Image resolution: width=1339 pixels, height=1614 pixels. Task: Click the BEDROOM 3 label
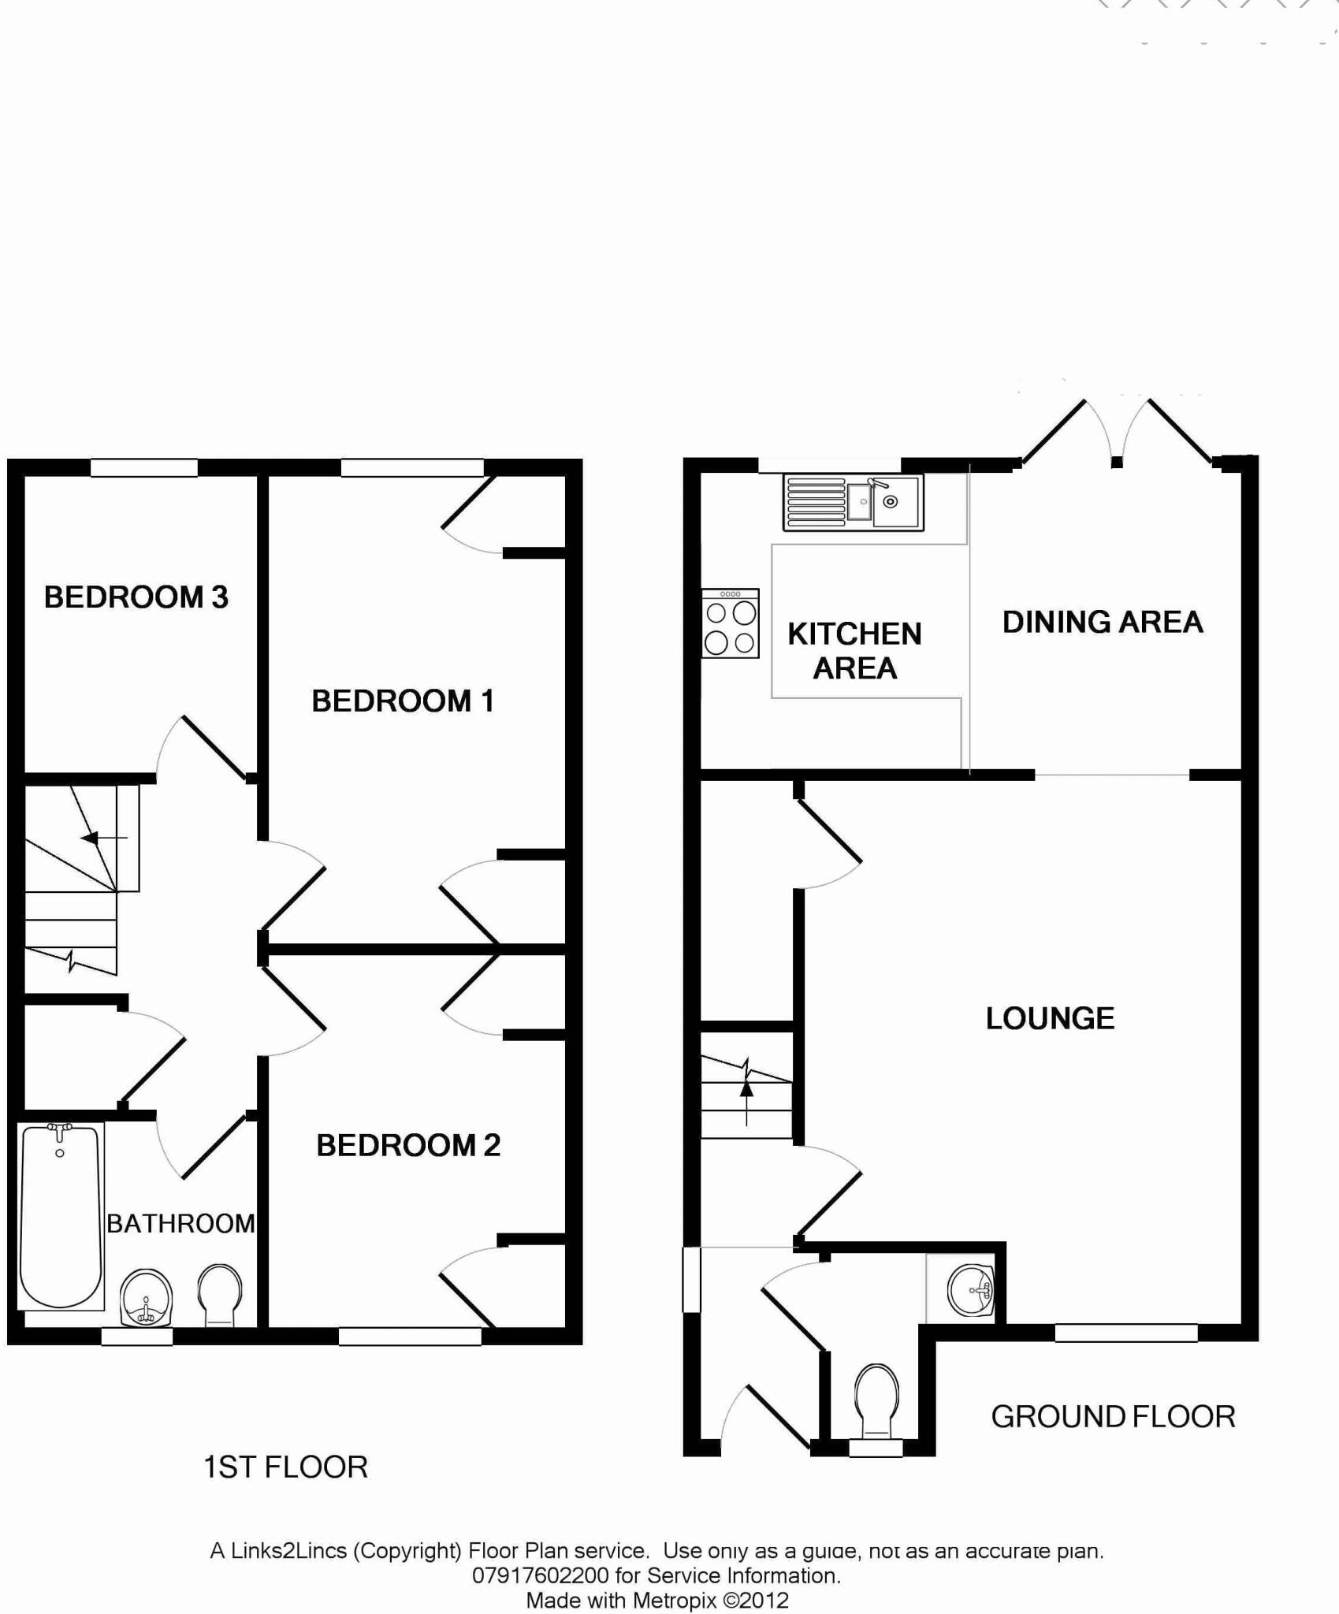coord(136,597)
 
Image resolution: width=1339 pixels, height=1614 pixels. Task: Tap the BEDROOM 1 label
coord(403,701)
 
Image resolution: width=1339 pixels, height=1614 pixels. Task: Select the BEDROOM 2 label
coord(408,1145)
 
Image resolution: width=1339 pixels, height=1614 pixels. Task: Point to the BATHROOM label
coord(180,1223)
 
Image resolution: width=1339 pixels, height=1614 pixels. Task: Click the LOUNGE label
coord(1050,1018)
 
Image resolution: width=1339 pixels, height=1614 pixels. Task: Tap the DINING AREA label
coord(1103,622)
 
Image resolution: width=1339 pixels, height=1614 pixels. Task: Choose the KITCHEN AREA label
coord(854,651)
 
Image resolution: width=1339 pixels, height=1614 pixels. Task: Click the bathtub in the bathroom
coord(61,1217)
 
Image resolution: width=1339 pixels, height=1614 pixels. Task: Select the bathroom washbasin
coord(146,1296)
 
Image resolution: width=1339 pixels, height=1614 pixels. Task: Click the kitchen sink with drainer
coord(853,502)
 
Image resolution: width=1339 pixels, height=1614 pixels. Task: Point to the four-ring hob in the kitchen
coord(731,623)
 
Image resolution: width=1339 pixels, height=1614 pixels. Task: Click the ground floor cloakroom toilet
coord(877,1402)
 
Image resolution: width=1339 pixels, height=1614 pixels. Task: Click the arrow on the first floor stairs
coord(93,837)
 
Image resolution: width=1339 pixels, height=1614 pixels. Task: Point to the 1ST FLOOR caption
coord(285,1467)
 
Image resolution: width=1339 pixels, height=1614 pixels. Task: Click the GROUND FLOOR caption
coord(1113,1416)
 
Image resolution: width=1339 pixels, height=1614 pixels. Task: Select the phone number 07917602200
coord(541,1575)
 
